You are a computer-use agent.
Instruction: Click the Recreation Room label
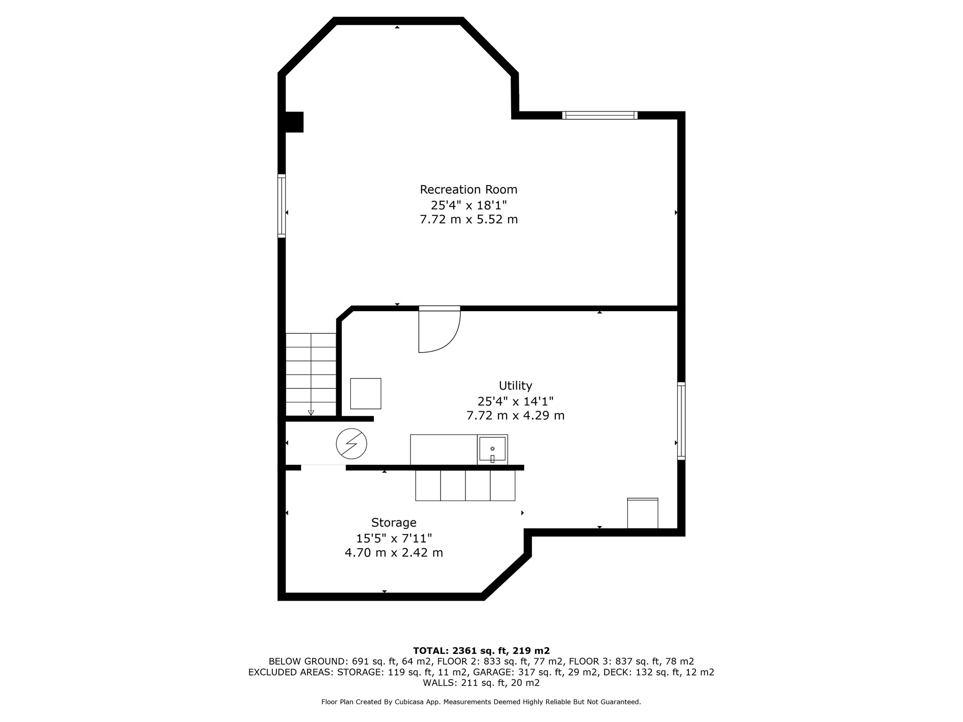coord(468,189)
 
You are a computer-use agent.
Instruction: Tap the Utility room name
coord(515,386)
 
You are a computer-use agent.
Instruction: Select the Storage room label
coord(394,523)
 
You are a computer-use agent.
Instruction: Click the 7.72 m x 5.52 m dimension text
coord(468,220)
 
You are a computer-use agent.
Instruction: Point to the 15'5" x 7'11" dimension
coord(394,538)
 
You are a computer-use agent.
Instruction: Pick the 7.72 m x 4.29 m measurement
coord(515,416)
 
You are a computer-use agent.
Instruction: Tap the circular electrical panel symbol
coord(351,444)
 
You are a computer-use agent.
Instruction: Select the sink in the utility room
coord(492,450)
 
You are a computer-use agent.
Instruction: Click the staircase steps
coord(311,374)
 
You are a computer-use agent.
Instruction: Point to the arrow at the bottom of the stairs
coord(311,413)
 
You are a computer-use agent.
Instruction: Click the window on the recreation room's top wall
coord(600,115)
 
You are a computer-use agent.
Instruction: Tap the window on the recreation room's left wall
coord(282,206)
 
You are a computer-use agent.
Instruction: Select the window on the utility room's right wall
coord(681,421)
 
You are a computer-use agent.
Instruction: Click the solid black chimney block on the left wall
coord(294,122)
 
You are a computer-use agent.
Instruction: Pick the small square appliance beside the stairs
coord(365,393)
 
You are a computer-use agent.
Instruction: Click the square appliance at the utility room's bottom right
coord(643,513)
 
